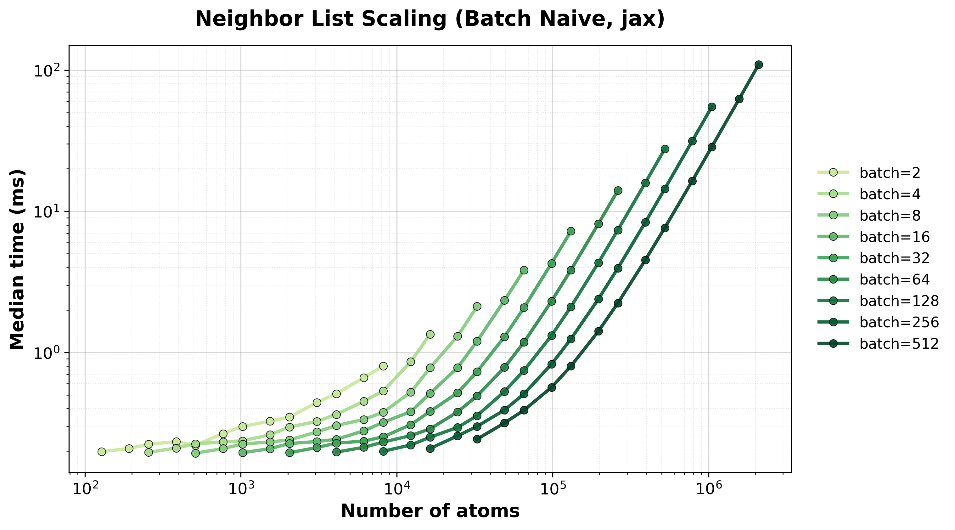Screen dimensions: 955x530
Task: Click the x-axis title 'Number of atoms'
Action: pyautogui.click(x=430, y=511)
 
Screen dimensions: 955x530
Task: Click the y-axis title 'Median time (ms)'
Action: pyautogui.click(x=17, y=259)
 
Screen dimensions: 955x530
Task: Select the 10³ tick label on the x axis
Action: pyautogui.click(x=241, y=489)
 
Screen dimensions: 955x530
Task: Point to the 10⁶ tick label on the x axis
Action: pyautogui.click(x=709, y=489)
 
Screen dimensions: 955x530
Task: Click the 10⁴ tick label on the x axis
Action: pyautogui.click(x=397, y=489)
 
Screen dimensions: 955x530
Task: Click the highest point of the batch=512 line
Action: pyautogui.click(x=759, y=65)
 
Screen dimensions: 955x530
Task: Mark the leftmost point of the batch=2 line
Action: pyautogui.click(x=102, y=451)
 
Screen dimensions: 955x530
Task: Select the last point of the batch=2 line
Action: pyautogui.click(x=383, y=366)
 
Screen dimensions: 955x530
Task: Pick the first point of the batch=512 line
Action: pyautogui.click(x=477, y=439)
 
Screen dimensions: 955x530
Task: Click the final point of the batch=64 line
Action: pyautogui.click(x=618, y=190)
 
